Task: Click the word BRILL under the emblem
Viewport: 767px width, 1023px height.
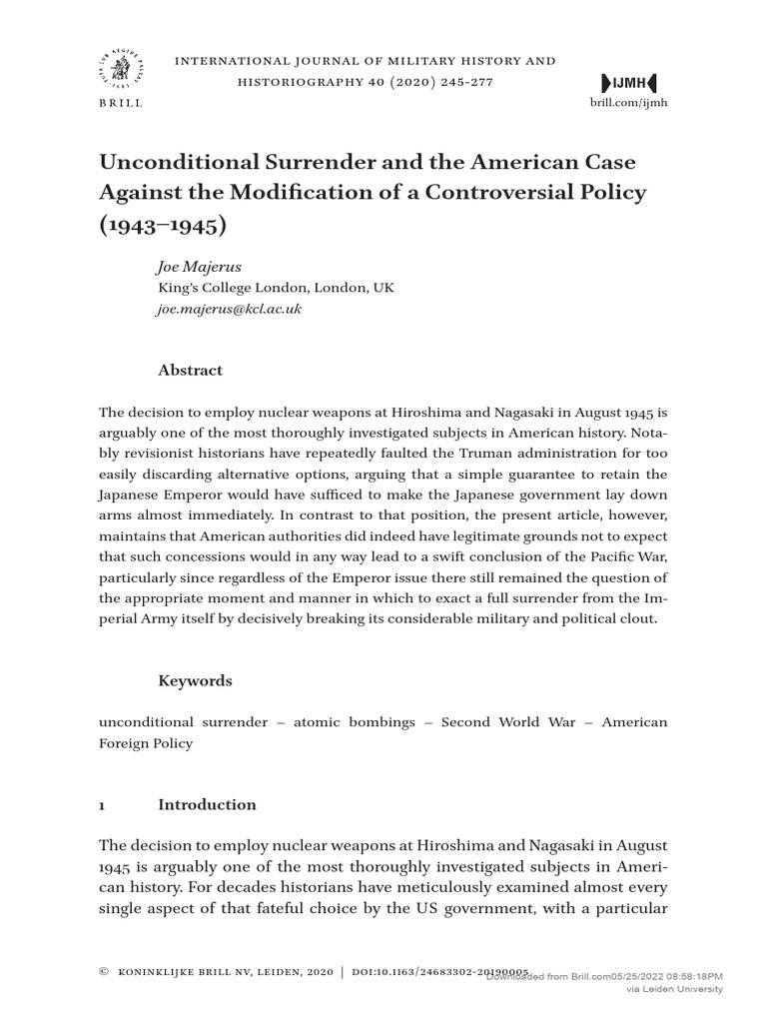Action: (121, 103)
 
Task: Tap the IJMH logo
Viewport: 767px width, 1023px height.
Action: (630, 82)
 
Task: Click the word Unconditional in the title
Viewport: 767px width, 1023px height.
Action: (175, 162)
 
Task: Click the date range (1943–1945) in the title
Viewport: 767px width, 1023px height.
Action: (163, 225)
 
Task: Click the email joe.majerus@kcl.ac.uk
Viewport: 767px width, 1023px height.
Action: (230, 309)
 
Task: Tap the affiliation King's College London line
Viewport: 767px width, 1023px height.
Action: (276, 288)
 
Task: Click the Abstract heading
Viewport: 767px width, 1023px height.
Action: (190, 370)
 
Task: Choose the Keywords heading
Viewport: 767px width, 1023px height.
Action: (195, 680)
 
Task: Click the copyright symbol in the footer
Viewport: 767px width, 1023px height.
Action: (104, 970)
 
